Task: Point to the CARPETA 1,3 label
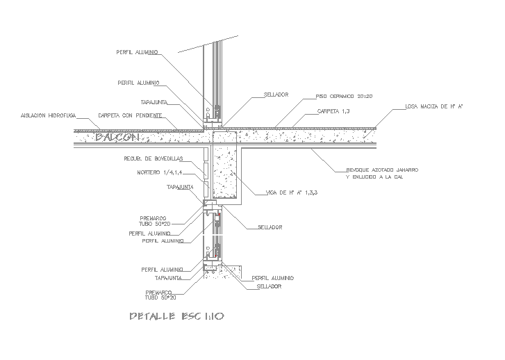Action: point(333,111)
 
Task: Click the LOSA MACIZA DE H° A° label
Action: point(434,107)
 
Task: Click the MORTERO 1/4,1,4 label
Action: point(160,172)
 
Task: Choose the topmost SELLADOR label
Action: point(276,95)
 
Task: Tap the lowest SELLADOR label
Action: point(269,286)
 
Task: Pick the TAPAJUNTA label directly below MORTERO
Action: point(179,187)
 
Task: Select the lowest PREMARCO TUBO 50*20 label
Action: point(160,295)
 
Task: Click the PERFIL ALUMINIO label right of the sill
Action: point(273,277)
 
